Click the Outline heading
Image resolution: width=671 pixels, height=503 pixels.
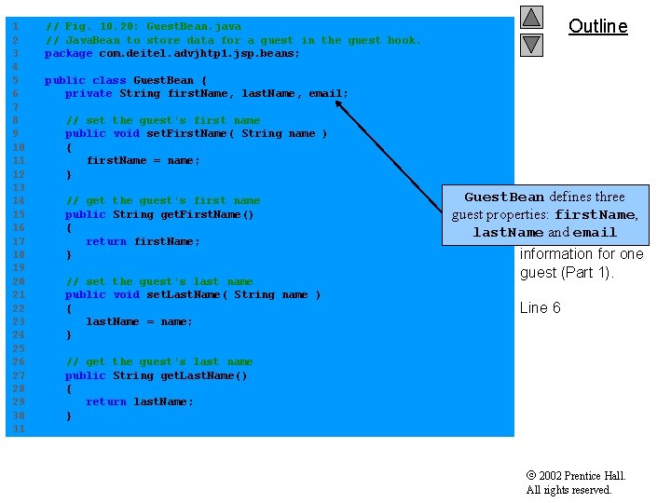pyautogui.click(x=597, y=26)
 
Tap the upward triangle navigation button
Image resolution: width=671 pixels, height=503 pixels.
pyautogui.click(x=531, y=17)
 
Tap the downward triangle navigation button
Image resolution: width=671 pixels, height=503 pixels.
pyautogui.click(x=531, y=44)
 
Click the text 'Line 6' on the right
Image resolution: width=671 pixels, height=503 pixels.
pyautogui.click(x=540, y=308)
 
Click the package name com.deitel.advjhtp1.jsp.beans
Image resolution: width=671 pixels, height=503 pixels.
pyautogui.click(x=197, y=54)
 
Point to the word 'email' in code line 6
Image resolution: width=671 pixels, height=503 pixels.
pyautogui.click(x=326, y=94)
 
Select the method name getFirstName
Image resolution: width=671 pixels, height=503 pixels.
pyautogui.click(x=183, y=215)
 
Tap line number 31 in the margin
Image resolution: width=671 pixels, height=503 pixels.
pyautogui.click(x=15, y=429)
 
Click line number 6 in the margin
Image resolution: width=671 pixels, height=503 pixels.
pyautogui.click(x=15, y=94)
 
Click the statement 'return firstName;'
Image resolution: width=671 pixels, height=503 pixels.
pyautogui.click(x=143, y=242)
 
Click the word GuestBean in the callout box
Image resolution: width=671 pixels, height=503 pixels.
pyautogui.click(x=503, y=197)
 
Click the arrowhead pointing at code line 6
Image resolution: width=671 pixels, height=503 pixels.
pyautogui.click(x=340, y=103)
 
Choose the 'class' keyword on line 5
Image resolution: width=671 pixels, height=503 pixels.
pyautogui.click(x=109, y=81)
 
